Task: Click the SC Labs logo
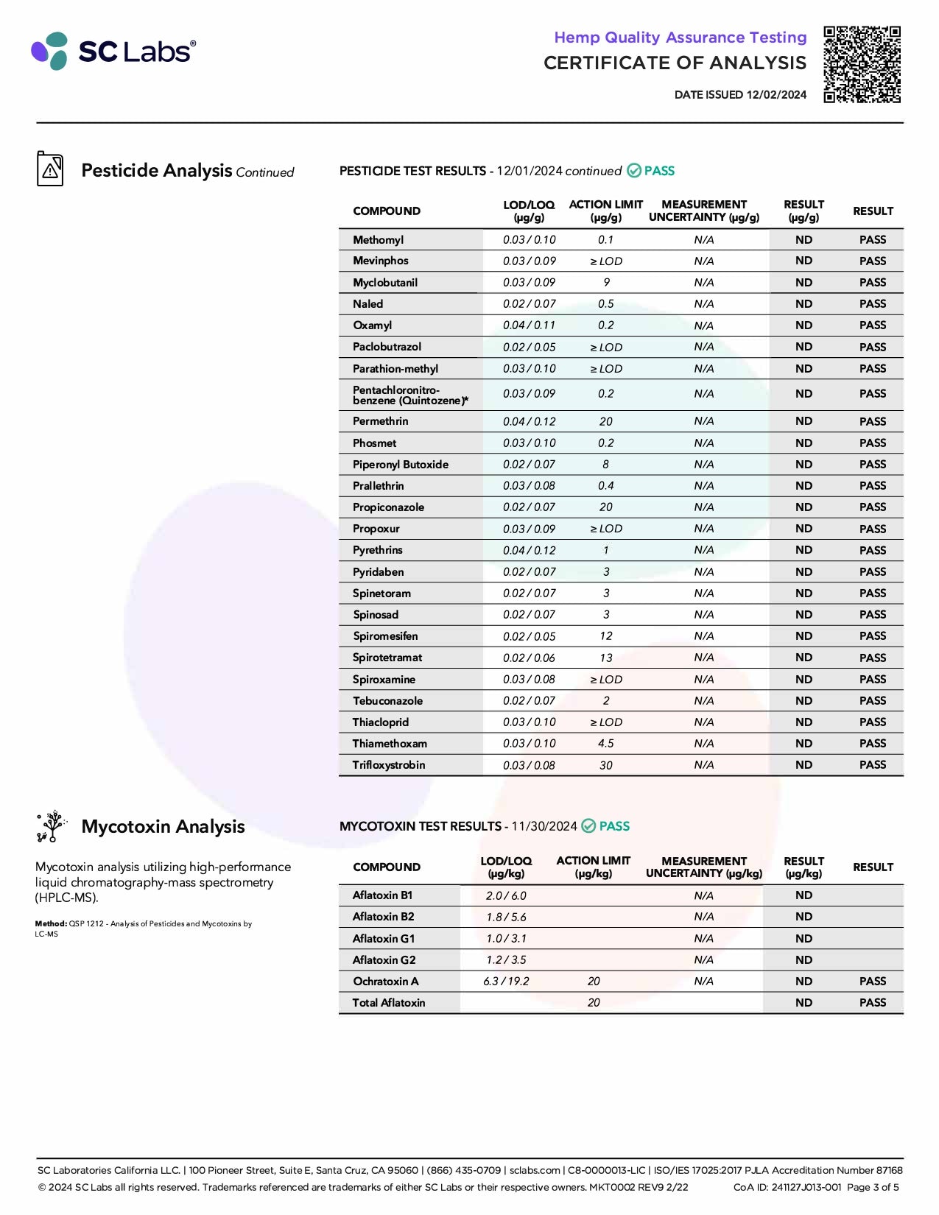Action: click(113, 51)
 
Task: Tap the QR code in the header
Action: click(862, 64)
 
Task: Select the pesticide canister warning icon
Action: click(50, 169)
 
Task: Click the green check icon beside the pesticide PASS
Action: click(633, 171)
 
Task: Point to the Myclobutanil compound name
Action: click(385, 283)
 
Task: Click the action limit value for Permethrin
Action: click(605, 421)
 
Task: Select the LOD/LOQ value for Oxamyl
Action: click(529, 325)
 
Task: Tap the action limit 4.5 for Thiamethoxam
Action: click(605, 744)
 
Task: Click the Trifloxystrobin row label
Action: click(389, 765)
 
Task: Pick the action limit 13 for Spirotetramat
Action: click(605, 658)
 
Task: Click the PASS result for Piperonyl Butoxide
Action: click(872, 465)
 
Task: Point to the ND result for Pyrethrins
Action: click(803, 550)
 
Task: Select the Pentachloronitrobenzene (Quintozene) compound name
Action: click(409, 395)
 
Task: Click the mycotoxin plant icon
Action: click(51, 826)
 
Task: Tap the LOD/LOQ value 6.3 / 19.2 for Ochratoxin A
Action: click(506, 982)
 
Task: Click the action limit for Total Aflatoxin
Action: click(594, 1003)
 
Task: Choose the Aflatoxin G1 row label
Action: click(384, 939)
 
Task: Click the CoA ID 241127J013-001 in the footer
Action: click(787, 1187)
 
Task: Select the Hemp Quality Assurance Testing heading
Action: click(680, 38)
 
